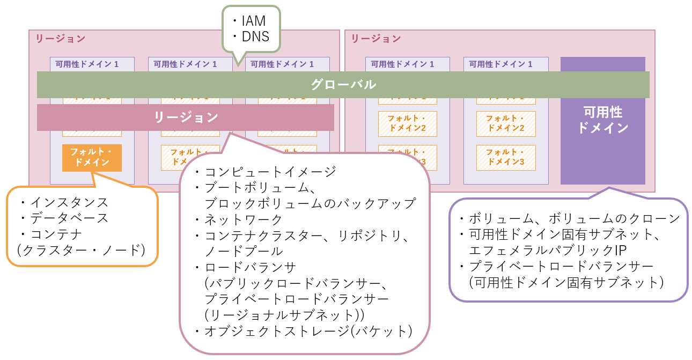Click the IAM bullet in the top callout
(251, 21)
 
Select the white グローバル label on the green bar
(343, 85)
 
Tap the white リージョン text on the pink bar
(186, 117)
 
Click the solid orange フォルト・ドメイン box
(92, 158)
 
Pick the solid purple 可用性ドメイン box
(602, 120)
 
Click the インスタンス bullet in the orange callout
(64, 202)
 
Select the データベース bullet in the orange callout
(64, 218)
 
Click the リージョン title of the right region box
(376, 39)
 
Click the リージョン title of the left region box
(60, 39)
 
